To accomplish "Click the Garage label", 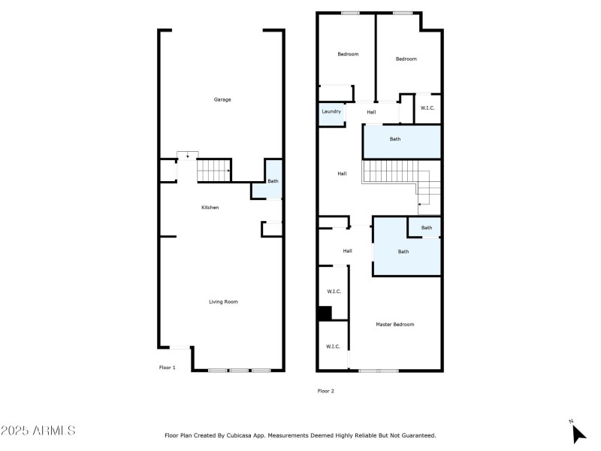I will (x=222, y=99).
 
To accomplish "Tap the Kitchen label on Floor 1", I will (x=210, y=207).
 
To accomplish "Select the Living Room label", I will (x=223, y=301).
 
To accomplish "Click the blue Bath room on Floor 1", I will (x=273, y=181).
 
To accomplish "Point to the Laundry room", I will (x=331, y=112).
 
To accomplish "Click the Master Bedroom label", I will (x=394, y=324).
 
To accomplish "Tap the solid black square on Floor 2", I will (x=324, y=313).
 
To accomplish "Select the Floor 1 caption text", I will (x=167, y=368).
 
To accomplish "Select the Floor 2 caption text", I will (x=325, y=390).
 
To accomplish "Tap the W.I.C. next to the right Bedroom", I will (x=427, y=108).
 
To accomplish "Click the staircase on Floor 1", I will (x=214, y=171).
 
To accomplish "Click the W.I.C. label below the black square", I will (x=333, y=347).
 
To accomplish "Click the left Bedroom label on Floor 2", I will (x=348, y=54).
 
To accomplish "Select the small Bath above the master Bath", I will (x=426, y=228).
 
